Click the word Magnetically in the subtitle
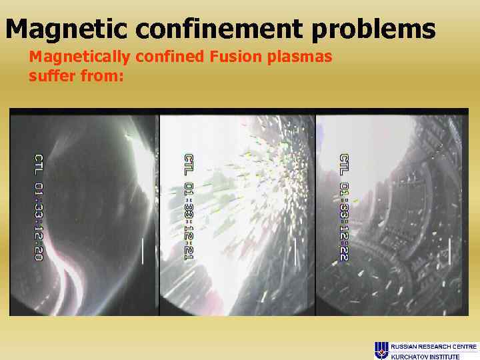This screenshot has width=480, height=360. pos(81,57)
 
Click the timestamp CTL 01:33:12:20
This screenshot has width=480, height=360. pos(39,207)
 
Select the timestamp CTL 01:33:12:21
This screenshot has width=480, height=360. pos(189,207)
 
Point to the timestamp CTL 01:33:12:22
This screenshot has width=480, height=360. pos(344,207)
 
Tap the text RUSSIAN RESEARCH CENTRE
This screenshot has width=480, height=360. pos(433,346)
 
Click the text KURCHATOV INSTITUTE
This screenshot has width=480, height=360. pos(425,356)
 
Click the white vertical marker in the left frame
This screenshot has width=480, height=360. pos(143,251)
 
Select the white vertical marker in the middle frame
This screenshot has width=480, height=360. pos(295,251)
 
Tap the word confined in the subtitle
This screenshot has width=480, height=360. pos(171,57)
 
